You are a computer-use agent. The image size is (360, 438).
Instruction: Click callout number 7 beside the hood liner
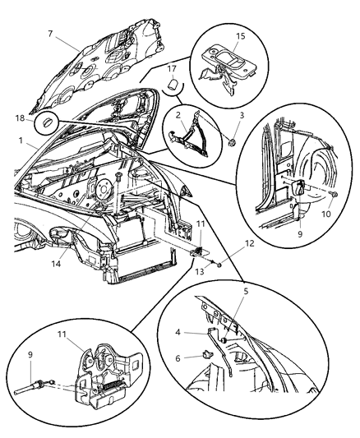(52, 36)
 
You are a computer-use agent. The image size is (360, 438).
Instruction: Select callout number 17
(171, 68)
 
